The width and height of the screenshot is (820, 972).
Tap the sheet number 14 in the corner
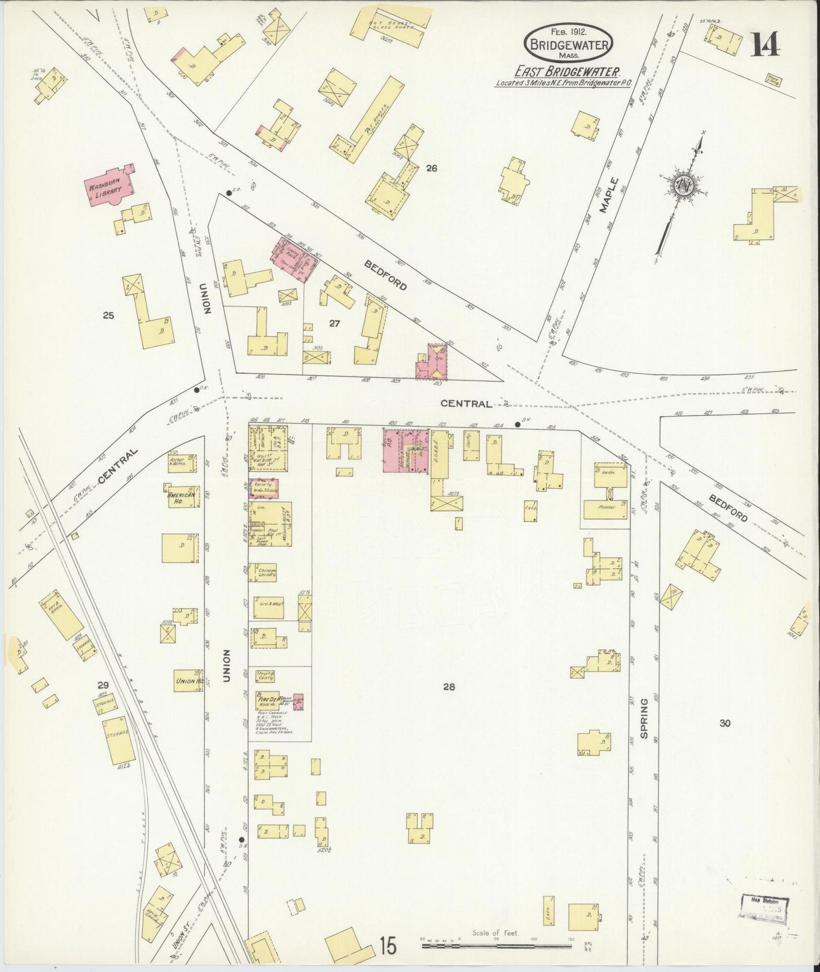766,45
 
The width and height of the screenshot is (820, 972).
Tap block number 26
432,168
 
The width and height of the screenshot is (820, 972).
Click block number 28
449,687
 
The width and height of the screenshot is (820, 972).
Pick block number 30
724,722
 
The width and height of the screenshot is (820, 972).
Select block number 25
108,315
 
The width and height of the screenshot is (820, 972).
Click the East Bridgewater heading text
567,71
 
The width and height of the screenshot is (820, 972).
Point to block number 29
103,685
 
